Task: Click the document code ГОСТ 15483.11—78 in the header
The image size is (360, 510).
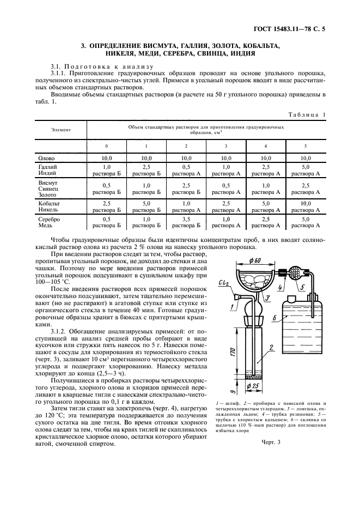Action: tap(293, 29)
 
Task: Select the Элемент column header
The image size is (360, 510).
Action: tap(60, 130)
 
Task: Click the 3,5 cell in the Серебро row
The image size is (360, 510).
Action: tap(186, 220)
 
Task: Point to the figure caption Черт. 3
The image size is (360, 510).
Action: tap(271, 442)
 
